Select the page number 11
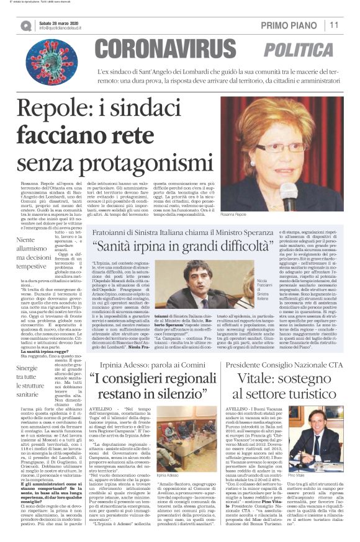334,25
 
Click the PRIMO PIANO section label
290,25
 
